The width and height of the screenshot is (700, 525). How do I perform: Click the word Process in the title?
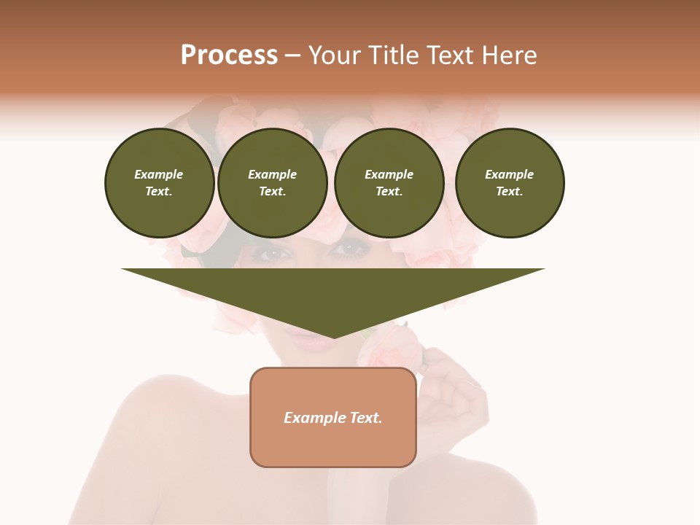coord(229,55)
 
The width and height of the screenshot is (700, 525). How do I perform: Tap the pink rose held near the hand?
coord(394,346)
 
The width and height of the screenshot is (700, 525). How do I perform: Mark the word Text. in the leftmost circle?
coord(159,191)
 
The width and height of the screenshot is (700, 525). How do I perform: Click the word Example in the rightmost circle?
coord(509,174)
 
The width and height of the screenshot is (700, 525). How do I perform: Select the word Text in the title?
coord(451,55)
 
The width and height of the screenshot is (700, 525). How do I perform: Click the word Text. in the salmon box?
coord(365,418)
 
